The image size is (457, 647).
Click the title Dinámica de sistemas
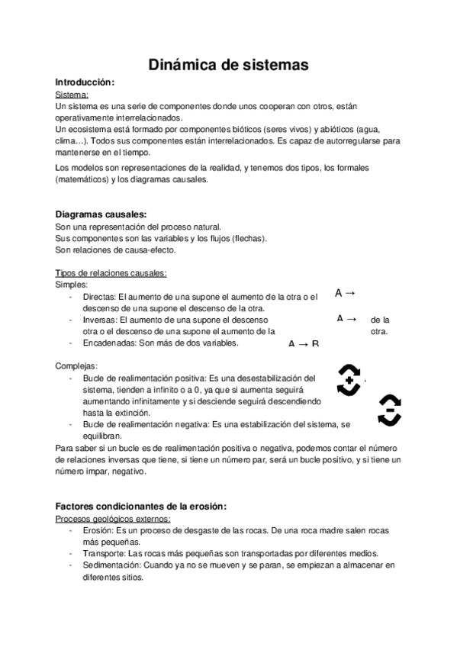click(x=227, y=65)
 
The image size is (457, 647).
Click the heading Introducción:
click(x=85, y=82)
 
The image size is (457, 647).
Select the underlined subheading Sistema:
click(x=72, y=95)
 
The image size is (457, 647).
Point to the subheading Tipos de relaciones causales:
click(x=111, y=273)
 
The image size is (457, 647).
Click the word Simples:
click(x=72, y=284)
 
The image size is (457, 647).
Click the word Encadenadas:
click(x=108, y=343)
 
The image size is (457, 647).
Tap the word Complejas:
click(x=76, y=365)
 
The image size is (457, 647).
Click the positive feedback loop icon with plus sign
click(x=349, y=379)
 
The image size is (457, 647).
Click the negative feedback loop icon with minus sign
click(x=389, y=410)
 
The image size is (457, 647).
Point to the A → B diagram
click(x=303, y=344)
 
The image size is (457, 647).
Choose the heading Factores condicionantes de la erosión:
click(x=141, y=507)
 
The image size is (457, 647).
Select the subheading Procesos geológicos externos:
click(x=113, y=519)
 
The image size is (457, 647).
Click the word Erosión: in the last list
click(x=99, y=530)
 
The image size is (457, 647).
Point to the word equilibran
click(x=103, y=435)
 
